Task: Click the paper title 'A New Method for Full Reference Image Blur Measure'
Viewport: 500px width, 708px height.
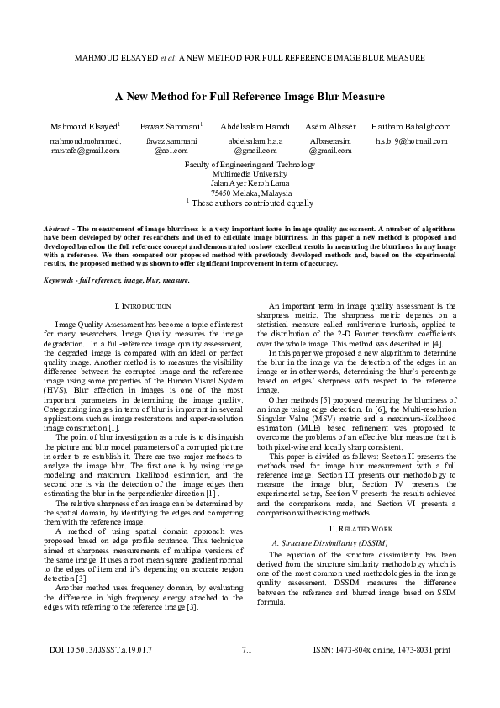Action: click(x=250, y=97)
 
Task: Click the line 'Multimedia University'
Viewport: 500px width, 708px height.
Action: click(x=250, y=174)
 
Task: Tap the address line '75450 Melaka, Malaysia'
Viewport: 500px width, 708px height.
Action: click(x=250, y=193)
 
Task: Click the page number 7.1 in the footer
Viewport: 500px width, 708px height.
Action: click(x=246, y=674)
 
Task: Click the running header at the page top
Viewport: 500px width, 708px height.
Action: click(x=250, y=58)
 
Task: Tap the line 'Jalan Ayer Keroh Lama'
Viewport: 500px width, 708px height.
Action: click(x=250, y=183)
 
